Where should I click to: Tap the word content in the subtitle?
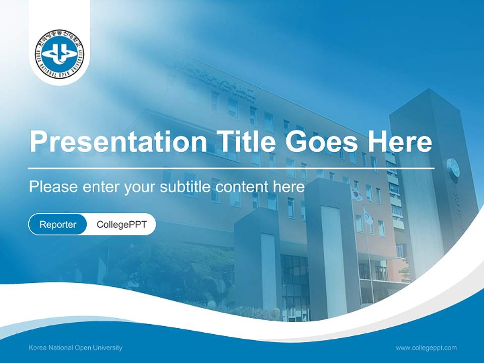click(242, 187)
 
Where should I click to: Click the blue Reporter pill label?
click(58, 224)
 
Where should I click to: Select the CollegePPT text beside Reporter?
click(122, 224)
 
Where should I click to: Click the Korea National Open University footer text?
click(76, 348)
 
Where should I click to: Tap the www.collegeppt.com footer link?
click(426, 348)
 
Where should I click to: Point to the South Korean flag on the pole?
click(357, 194)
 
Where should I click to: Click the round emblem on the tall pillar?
click(453, 168)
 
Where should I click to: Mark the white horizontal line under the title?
click(231, 168)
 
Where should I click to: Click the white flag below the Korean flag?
click(369, 218)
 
